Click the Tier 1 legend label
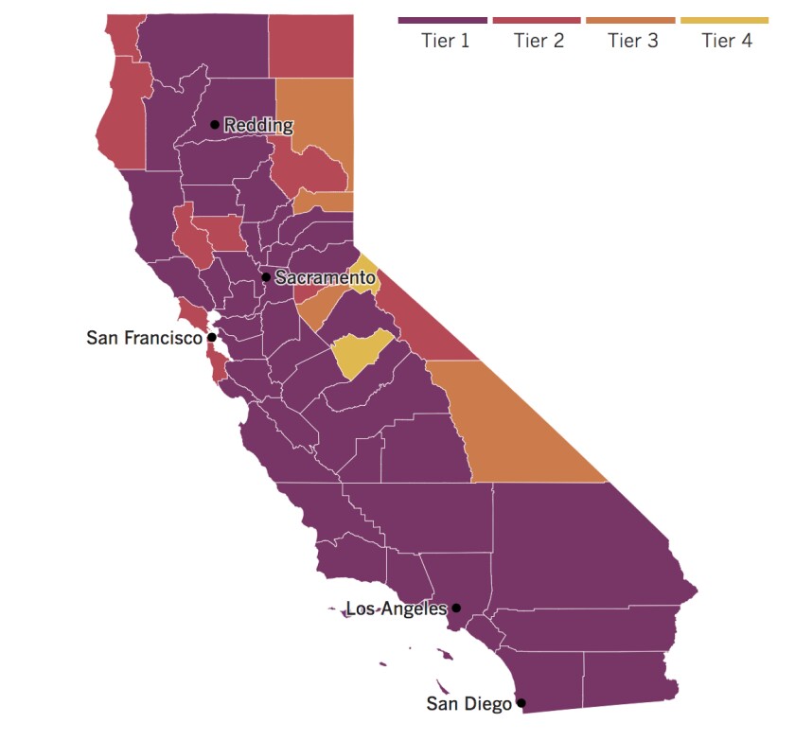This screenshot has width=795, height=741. (x=443, y=41)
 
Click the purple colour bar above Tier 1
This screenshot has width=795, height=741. (x=443, y=20)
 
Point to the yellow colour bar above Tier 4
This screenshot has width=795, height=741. (x=724, y=20)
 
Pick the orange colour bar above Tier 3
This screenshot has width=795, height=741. (x=631, y=20)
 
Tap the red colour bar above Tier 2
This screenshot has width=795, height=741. (x=537, y=20)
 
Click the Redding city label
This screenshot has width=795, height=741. (x=258, y=125)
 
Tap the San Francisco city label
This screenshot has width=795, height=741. (x=144, y=337)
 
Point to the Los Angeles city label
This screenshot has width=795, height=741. (x=397, y=609)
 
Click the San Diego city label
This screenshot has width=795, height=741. (x=468, y=704)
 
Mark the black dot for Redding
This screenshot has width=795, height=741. (x=215, y=124)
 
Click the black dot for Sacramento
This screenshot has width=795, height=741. (x=266, y=277)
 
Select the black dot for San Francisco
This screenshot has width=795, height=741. (x=212, y=337)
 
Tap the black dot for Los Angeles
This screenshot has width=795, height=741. (x=456, y=609)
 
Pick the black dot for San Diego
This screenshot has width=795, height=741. (x=521, y=704)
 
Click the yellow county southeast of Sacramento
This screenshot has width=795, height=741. (x=361, y=354)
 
